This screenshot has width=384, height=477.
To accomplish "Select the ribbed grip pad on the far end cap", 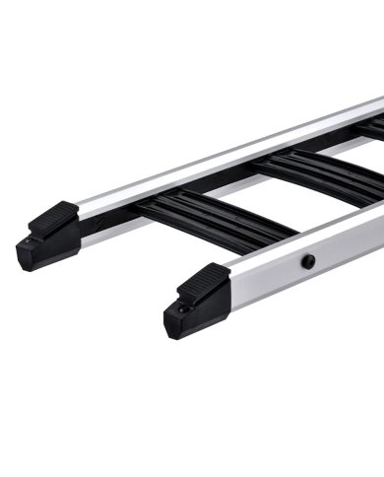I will pos(54,216).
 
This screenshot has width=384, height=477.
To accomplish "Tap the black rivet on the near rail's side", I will pos(309,261).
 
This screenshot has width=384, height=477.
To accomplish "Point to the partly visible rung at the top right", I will pos(372,128).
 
